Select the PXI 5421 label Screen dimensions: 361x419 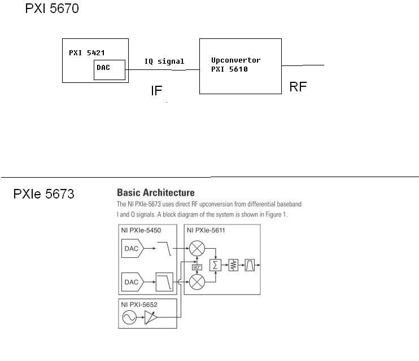[86, 52]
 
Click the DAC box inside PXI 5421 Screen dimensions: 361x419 [109, 70]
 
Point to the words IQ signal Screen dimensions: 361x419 [164, 61]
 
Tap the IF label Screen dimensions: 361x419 [156, 91]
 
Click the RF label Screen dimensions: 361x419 [298, 87]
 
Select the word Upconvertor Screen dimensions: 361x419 [235, 60]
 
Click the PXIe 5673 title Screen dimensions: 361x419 [43, 195]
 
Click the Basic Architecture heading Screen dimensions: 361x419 [155, 193]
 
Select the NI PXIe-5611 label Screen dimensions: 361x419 [207, 231]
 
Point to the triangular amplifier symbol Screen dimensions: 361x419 [152, 319]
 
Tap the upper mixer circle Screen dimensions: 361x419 [197, 248]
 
